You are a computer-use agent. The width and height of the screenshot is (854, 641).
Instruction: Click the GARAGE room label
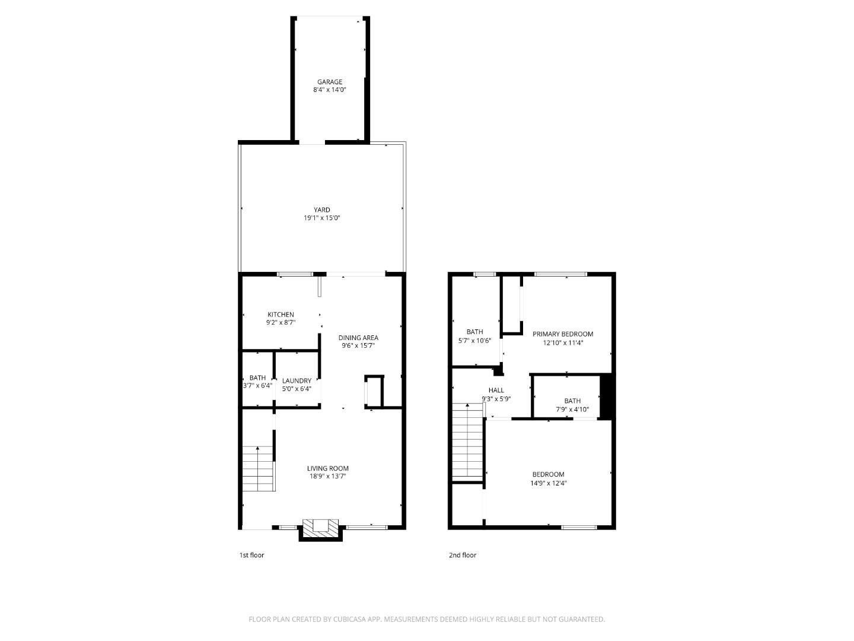pyautogui.click(x=329, y=82)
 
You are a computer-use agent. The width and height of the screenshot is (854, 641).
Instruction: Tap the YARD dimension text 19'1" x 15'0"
pyautogui.click(x=321, y=218)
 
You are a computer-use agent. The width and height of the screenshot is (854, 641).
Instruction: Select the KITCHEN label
pyautogui.click(x=281, y=315)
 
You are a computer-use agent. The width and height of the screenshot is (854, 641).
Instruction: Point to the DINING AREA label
pyautogui.click(x=358, y=338)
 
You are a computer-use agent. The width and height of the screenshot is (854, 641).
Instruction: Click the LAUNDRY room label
pyautogui.click(x=297, y=381)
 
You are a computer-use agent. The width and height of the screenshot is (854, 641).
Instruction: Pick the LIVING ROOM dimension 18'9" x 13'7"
pyautogui.click(x=327, y=476)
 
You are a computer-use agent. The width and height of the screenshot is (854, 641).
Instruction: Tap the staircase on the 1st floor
pyautogui.click(x=258, y=468)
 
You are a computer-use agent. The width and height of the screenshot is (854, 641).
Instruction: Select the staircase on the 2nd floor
pyautogui.click(x=467, y=442)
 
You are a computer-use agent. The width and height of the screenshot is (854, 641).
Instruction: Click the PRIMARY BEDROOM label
pyautogui.click(x=562, y=334)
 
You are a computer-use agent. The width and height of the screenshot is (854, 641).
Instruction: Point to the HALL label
pyautogui.click(x=496, y=391)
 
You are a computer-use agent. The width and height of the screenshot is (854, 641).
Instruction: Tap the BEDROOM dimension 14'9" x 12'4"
pyautogui.click(x=548, y=483)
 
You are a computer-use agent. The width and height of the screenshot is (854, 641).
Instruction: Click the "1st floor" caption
pyautogui.click(x=251, y=556)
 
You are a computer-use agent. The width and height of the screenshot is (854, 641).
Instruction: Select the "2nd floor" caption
pyautogui.click(x=462, y=556)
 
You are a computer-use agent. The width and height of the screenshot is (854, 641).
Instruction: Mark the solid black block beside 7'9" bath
pyautogui.click(x=606, y=396)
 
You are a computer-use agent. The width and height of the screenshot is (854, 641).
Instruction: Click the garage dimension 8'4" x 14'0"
pyautogui.click(x=329, y=90)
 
